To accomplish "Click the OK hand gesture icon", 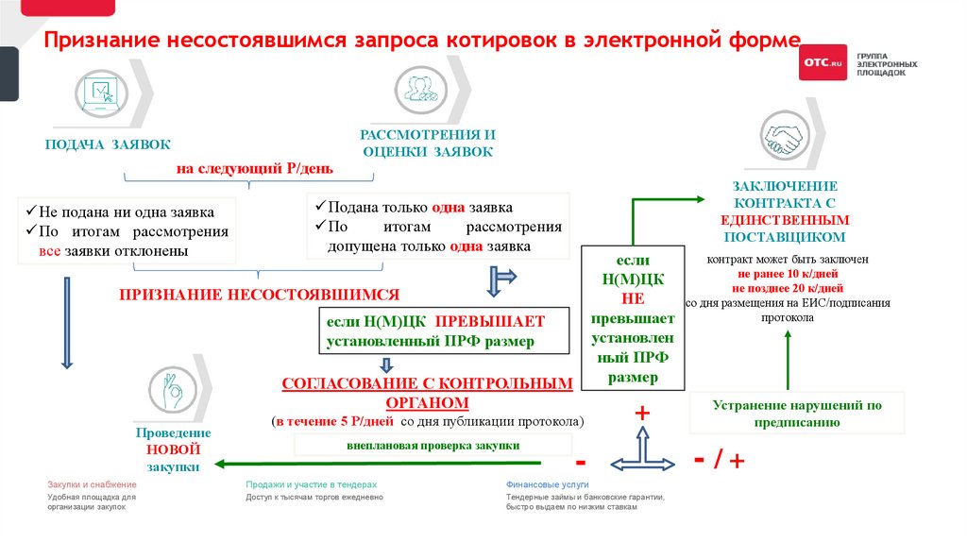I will [x=172, y=390].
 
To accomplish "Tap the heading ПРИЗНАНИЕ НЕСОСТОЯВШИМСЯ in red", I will [x=260, y=294].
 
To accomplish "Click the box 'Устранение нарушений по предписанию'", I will [x=797, y=414].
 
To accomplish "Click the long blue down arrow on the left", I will [x=66, y=321].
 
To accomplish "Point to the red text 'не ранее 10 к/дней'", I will [x=786, y=273].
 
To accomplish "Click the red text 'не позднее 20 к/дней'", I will [x=786, y=288].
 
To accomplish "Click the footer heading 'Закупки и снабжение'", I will [x=86, y=483].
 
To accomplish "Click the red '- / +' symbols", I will [x=720, y=460].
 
